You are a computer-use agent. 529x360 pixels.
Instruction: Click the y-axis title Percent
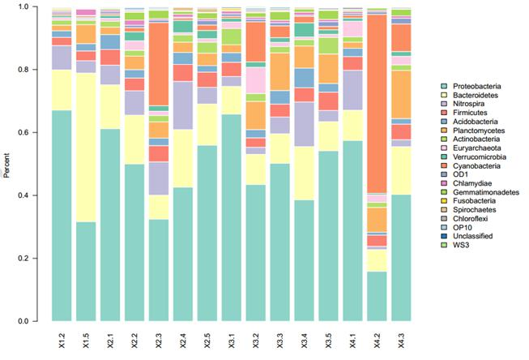[7, 164]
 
